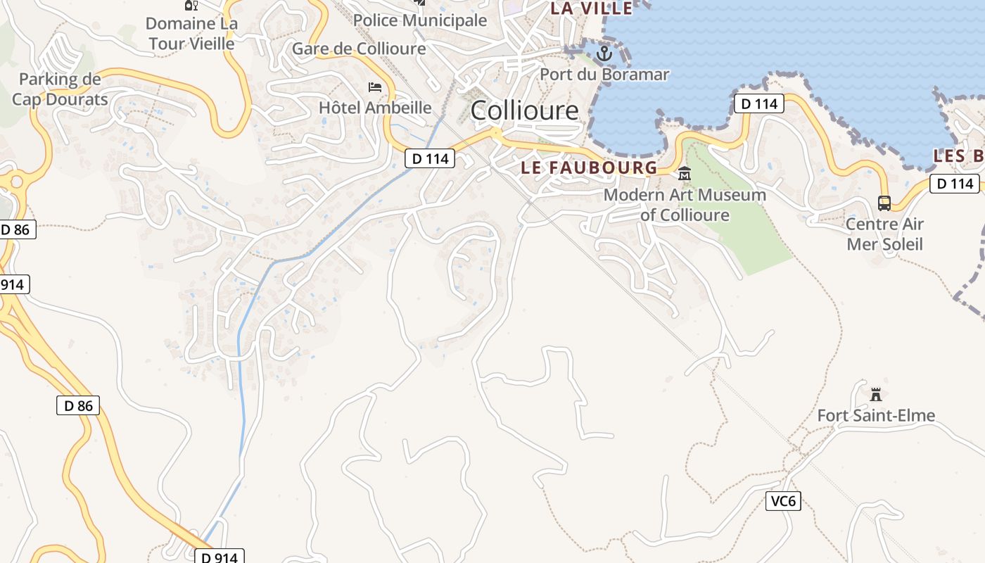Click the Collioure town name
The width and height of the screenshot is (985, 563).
[x=524, y=110]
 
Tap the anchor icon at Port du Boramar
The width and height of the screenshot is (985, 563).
[x=604, y=53]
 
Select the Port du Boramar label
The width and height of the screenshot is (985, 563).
[x=604, y=74]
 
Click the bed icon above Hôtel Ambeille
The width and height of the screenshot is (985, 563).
[x=376, y=88]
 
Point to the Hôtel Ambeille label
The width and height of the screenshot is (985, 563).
[x=375, y=108]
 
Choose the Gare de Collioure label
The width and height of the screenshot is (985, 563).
[x=359, y=49]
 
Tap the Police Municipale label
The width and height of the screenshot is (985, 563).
[x=420, y=20]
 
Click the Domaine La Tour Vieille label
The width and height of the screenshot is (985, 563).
[x=191, y=33]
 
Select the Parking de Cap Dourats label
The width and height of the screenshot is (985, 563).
[x=60, y=89]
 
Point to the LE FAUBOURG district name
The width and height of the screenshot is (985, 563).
[x=589, y=167]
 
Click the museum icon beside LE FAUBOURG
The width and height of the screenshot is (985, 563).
[x=684, y=172]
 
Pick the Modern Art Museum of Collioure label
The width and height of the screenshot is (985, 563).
[x=685, y=205]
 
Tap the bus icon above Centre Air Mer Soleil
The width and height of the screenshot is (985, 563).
[x=884, y=203]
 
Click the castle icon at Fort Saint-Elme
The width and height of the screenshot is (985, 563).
[x=876, y=394]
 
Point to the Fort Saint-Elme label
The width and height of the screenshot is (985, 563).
[x=876, y=416]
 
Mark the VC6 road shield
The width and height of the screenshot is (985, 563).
[x=783, y=501]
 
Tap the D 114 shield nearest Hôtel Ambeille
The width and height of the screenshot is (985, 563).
[x=430, y=158]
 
